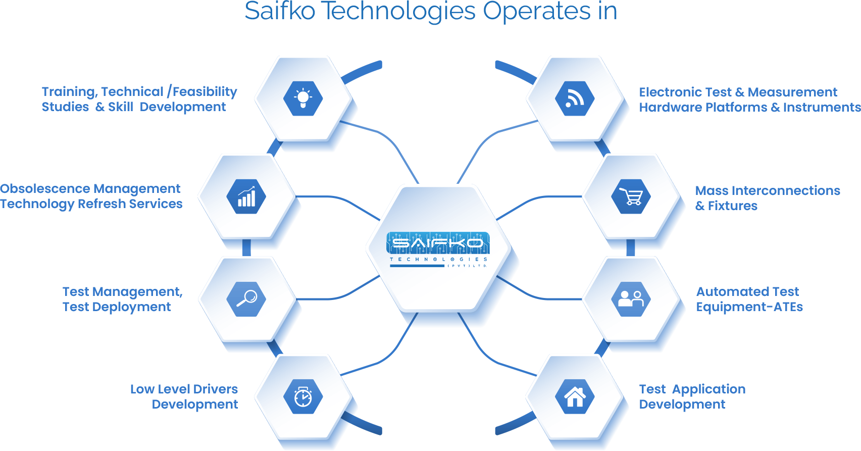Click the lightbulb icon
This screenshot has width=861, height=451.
[x=303, y=98]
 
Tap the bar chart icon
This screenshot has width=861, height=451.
[x=246, y=196]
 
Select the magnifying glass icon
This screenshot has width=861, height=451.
[x=246, y=299]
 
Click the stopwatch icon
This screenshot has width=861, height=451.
[x=303, y=397]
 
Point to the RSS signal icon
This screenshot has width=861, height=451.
[x=575, y=98]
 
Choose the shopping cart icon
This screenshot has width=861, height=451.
[x=631, y=196]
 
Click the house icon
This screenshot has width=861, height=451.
[x=575, y=397]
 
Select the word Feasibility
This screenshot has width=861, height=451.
[x=205, y=91]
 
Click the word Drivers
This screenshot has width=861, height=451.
[x=216, y=389]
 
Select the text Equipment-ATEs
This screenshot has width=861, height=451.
[x=749, y=307]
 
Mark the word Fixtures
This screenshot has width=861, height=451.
[x=732, y=206]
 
